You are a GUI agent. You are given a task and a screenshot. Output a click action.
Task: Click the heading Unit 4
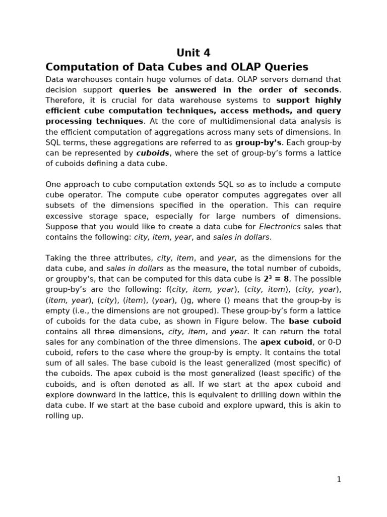click(193, 53)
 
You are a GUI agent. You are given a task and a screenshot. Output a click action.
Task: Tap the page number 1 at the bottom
click(339, 480)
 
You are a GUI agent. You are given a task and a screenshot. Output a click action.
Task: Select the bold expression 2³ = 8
click(276, 279)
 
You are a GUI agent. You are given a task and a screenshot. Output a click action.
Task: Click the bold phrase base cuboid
click(315, 321)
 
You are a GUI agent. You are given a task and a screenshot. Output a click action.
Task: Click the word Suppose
click(61, 227)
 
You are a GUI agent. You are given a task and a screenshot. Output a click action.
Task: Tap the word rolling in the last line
click(57, 416)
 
